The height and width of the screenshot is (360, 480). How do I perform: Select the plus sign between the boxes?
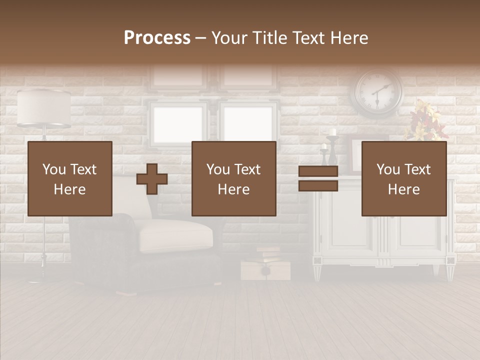[152, 179]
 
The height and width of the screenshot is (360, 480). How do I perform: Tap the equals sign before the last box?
[318, 178]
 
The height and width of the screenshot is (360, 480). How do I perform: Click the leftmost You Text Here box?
[70, 179]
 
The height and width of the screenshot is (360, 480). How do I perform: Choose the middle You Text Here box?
[234, 179]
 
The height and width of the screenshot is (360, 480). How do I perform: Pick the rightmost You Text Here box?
[404, 179]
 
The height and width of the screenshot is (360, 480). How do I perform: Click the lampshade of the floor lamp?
[44, 107]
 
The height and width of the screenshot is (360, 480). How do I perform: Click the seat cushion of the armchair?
[175, 232]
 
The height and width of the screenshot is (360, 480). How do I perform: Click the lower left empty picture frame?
[178, 122]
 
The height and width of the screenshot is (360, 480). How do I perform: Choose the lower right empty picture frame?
[248, 122]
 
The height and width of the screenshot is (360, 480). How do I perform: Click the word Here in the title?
[349, 38]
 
